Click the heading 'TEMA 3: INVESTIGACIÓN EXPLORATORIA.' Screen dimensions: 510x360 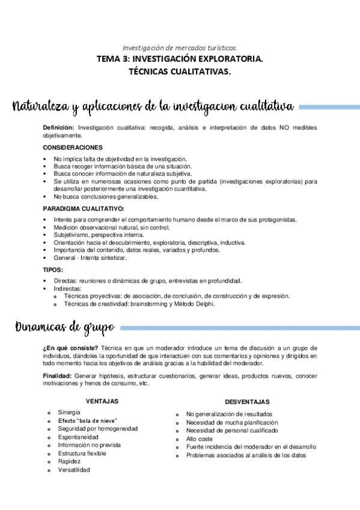pos(180,59)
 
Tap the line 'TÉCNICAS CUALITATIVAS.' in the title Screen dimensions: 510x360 pos(180,72)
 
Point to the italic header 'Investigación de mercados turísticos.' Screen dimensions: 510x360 pos(180,48)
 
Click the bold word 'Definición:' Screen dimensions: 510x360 pos(59,128)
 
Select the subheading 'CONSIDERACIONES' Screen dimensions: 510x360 pos(73,147)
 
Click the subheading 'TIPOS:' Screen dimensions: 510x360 pos(53,269)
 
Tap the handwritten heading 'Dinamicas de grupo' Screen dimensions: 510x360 pos(64,328)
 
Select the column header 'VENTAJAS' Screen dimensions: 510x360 pos(102,401)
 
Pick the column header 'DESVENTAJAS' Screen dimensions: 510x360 pos(247,401)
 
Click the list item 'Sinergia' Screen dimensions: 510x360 pos(69,412)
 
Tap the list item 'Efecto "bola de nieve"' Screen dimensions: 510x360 pos(87,420)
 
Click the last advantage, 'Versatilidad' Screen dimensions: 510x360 pos(74,470)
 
